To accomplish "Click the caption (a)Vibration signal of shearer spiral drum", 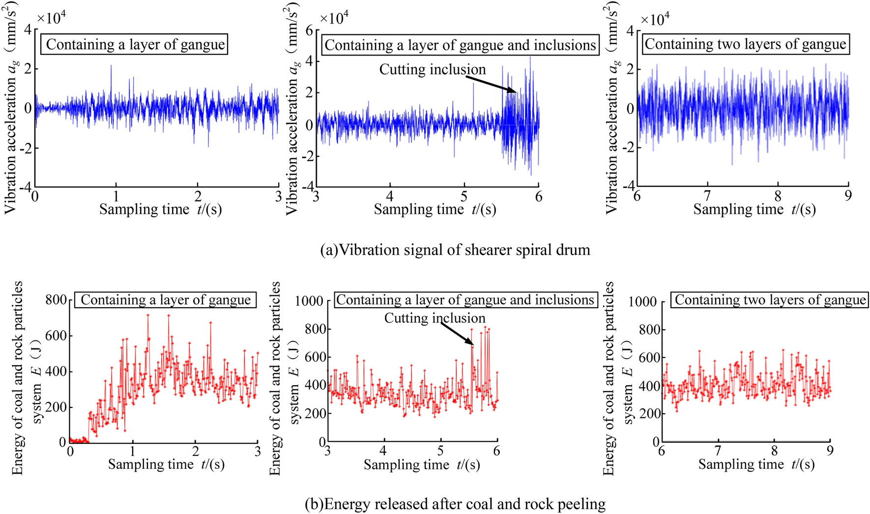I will [455, 250].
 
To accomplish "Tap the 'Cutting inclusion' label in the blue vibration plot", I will [432, 69].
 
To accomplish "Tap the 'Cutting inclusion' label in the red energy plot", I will [435, 318].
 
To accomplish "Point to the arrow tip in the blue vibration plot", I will [517, 91].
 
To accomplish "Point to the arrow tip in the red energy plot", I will [474, 345].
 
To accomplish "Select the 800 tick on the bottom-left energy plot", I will [56, 300].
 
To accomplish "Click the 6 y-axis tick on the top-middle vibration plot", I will [309, 30].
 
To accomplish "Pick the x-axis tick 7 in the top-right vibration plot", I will [707, 196].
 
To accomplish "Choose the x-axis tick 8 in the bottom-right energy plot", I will [774, 450].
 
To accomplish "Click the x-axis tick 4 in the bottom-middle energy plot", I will [383, 450].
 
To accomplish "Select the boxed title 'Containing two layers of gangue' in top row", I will [745, 44].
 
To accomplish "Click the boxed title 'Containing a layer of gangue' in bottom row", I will [166, 300].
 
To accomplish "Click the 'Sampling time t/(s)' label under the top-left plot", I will [160, 210].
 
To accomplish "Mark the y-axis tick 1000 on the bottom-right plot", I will [642, 301].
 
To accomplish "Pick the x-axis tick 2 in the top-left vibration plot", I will [198, 196].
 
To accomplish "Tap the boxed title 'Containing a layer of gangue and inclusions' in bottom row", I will [465, 300].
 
